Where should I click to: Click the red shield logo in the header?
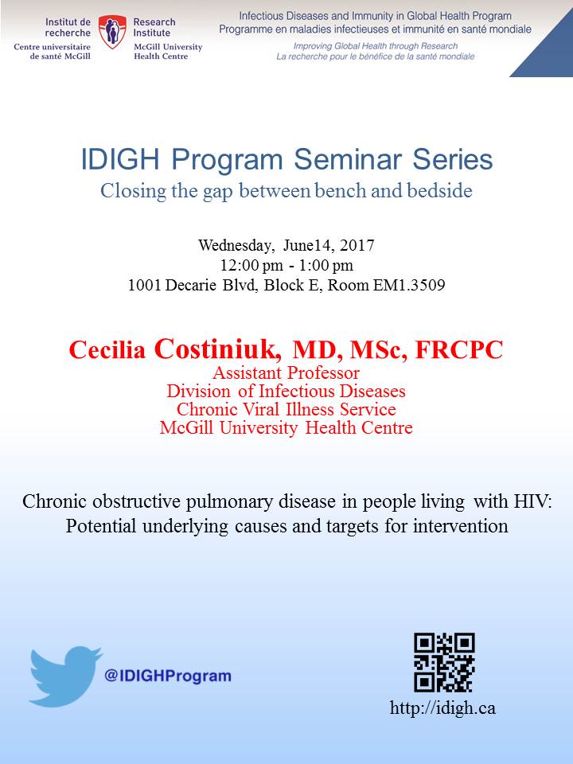point(112,31)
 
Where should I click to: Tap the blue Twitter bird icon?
point(64,676)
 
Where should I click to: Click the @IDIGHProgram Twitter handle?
point(168,676)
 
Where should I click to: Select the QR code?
point(444,662)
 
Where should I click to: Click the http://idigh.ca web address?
point(442,707)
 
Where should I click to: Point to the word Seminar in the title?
point(349,159)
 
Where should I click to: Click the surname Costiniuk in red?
point(218,349)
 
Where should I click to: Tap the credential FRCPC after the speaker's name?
point(458,350)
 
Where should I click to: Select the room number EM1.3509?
point(409,285)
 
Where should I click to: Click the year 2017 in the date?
point(357,244)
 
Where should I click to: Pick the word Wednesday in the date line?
point(236,245)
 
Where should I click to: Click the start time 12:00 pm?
point(251,265)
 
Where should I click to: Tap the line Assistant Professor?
point(286,372)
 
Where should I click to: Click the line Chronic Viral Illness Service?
point(286,409)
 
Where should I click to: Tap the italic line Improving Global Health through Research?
point(375,46)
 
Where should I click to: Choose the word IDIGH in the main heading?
point(120,159)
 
